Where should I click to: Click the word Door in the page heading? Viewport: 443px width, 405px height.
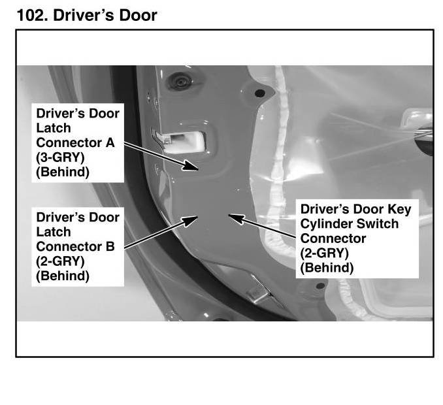point(136,14)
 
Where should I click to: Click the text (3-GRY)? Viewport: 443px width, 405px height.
point(60,157)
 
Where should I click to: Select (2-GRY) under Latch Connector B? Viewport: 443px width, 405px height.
point(60,261)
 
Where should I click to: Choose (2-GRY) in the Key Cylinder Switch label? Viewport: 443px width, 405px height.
point(324,253)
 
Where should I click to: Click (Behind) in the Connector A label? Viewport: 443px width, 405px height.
point(63,172)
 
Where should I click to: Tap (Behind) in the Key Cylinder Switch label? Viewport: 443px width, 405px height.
point(327,268)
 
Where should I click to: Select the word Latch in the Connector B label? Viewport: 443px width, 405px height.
point(54,232)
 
